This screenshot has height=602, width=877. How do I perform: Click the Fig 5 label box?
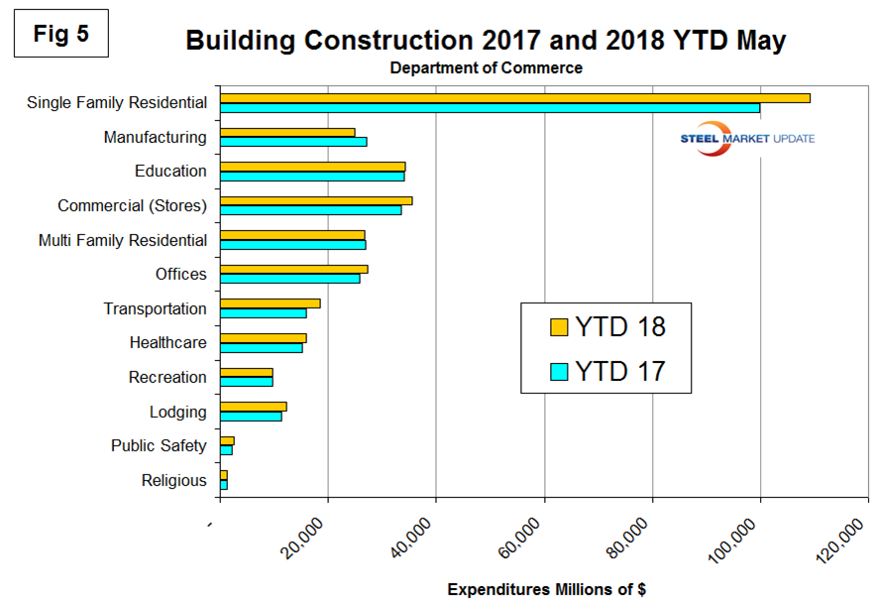60,34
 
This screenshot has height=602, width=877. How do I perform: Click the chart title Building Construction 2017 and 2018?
485,41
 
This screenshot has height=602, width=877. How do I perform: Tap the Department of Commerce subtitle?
486,68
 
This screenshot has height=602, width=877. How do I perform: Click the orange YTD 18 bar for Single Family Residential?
514,97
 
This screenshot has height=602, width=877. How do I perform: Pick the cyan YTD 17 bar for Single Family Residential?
490,107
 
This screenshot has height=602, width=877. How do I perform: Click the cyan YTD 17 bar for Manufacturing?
293,142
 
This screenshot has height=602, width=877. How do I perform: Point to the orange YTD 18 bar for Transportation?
270,303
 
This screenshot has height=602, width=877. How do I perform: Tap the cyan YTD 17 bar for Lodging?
251,416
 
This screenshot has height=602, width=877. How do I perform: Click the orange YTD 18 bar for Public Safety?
227,440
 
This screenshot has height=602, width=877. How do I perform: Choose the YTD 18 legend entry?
606,327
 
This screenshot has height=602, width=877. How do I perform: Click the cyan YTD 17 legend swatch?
558,371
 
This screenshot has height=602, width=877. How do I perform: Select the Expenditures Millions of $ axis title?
546,589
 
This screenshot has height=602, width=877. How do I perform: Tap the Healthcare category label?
167,343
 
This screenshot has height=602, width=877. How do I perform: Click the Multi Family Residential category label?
123,240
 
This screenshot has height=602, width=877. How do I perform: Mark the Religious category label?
174,481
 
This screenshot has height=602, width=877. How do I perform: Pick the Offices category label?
181,275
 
